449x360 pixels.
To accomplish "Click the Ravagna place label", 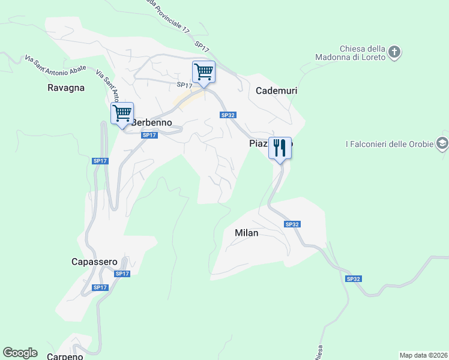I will tap(65, 88).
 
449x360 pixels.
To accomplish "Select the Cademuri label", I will tap(277, 91).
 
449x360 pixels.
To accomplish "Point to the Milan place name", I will tap(246, 233).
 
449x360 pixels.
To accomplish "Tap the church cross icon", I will tap(394, 52).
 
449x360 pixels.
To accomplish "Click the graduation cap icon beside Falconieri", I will tap(442, 143).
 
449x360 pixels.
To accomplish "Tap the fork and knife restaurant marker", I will tap(280, 148).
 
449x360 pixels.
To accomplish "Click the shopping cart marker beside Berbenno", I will tap(122, 113).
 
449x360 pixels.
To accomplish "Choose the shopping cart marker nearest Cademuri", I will tap(204, 73).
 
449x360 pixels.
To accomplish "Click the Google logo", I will tap(20, 353).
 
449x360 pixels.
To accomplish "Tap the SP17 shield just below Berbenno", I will tap(149, 136).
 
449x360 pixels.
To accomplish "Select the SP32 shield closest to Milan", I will tap(292, 224).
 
